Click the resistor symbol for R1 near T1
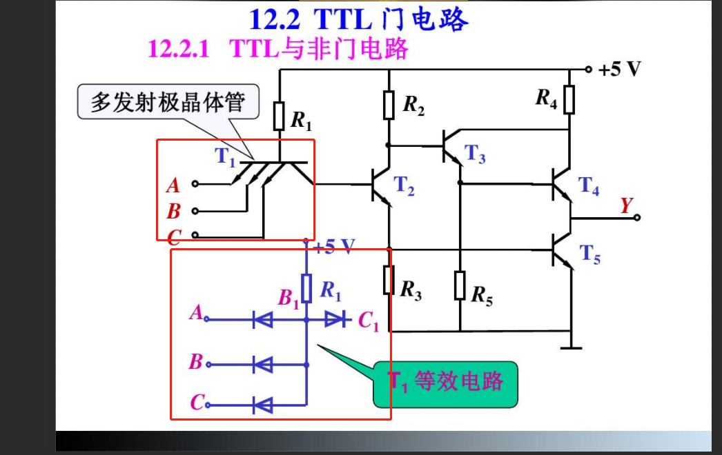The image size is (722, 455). pyautogui.click(x=279, y=116)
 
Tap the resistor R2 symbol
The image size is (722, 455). pyautogui.click(x=389, y=104)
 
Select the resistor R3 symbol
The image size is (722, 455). pyautogui.click(x=389, y=279)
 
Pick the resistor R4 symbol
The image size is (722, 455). pyautogui.click(x=569, y=99)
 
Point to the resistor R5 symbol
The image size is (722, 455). pyautogui.click(x=460, y=285)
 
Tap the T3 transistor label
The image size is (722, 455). pyautogui.click(x=475, y=154)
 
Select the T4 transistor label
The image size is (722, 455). pyautogui.click(x=589, y=185)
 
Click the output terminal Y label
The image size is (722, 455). pyautogui.click(x=626, y=205)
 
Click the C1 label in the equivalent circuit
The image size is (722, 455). pyautogui.click(x=368, y=321)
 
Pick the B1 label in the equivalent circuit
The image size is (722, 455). pyautogui.click(x=289, y=299)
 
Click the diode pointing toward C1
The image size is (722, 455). pyautogui.click(x=335, y=319)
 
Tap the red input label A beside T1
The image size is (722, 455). pyautogui.click(x=173, y=185)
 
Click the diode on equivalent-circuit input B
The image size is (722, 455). pyautogui.click(x=263, y=363)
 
